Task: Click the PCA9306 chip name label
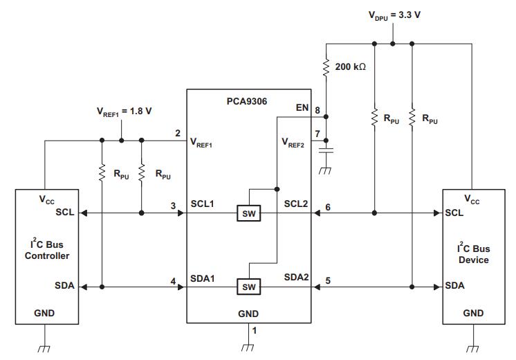tap(248, 101)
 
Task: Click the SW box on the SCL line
tap(248, 213)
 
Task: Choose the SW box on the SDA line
tap(248, 286)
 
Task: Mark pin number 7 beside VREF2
tap(317, 134)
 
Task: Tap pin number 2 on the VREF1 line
tap(178, 133)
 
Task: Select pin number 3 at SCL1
tap(174, 205)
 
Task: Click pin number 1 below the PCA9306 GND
tap(255, 331)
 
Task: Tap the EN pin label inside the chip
tap(302, 108)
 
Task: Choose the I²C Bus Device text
tap(473, 254)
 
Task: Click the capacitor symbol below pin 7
tap(328, 148)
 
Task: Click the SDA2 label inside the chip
tap(296, 278)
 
